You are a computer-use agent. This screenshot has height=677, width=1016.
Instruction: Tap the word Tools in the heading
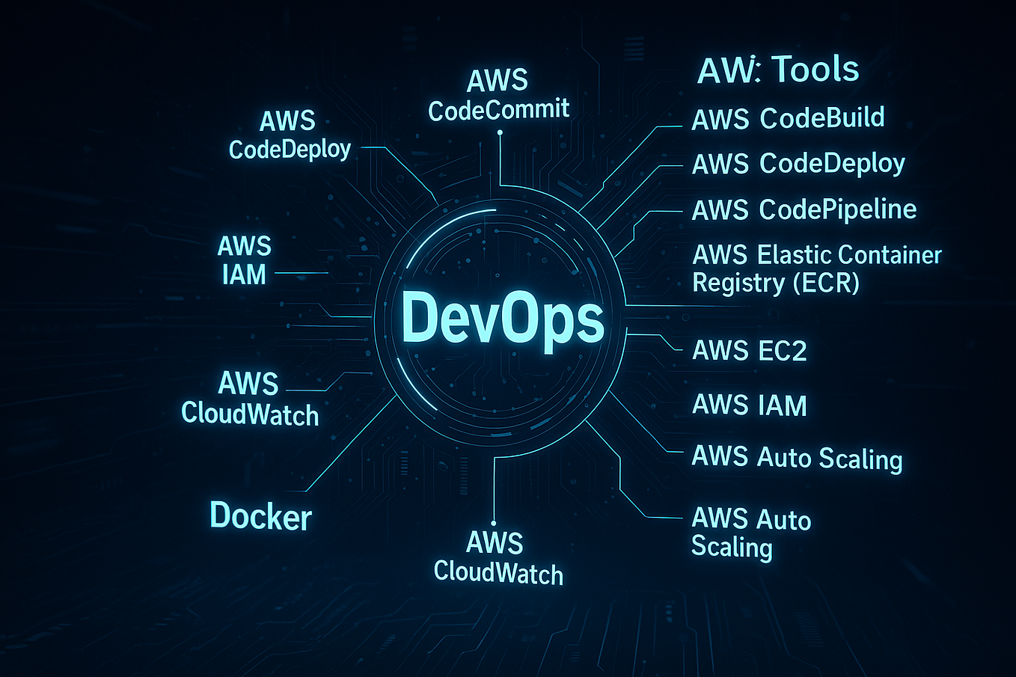[815, 70]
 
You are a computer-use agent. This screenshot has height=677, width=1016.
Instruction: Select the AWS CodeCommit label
[498, 96]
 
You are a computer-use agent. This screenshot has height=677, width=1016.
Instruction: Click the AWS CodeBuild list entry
[788, 118]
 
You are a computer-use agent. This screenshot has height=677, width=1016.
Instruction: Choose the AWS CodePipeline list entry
[804, 209]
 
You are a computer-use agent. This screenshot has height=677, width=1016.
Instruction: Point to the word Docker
[260, 516]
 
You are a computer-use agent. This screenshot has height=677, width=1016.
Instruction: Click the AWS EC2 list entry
[749, 350]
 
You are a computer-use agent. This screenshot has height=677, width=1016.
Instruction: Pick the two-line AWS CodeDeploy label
[290, 135]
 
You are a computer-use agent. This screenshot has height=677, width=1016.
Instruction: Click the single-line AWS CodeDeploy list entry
[798, 164]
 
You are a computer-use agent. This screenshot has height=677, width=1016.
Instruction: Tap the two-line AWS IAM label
[244, 260]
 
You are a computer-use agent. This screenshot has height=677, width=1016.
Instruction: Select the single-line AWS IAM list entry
[749, 405]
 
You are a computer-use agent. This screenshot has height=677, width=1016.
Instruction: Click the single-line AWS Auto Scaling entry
[797, 457]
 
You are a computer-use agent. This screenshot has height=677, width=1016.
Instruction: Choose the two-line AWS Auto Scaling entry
[750, 533]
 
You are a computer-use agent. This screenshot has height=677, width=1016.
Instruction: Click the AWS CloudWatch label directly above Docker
[250, 399]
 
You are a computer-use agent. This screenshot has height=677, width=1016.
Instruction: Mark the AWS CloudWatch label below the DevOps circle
[498, 557]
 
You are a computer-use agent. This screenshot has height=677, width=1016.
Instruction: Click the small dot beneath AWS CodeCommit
[500, 133]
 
